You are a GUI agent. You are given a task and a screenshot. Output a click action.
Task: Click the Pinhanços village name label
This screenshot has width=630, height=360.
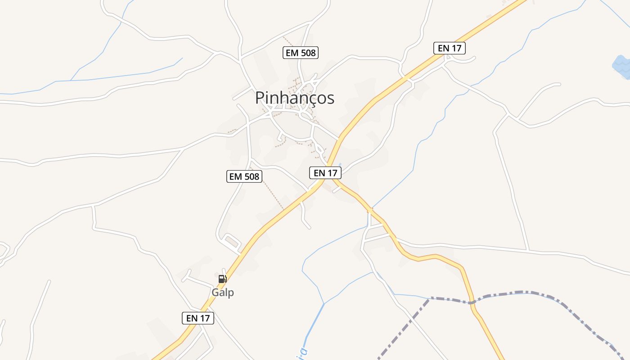[x=295, y=98]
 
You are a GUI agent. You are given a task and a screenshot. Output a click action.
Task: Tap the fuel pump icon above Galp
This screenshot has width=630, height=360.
[x=222, y=279]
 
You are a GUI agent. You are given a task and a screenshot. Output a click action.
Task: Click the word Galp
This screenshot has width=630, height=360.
[x=223, y=292]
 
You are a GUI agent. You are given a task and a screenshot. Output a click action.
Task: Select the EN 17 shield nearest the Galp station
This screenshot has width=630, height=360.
[x=198, y=318]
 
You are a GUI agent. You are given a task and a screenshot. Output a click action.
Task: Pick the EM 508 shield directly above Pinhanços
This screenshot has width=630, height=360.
[x=301, y=53]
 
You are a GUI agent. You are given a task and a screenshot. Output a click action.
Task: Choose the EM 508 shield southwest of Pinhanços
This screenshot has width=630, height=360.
[x=244, y=176]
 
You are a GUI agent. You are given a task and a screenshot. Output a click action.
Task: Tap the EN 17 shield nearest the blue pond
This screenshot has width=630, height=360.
[x=449, y=48]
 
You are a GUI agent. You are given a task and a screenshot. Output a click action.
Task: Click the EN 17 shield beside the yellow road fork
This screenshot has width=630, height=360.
[x=325, y=172]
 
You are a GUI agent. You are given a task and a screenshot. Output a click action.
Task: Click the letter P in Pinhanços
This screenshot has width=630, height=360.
[x=260, y=98]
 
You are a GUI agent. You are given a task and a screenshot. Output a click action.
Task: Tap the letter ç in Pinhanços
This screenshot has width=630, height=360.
[x=310, y=99]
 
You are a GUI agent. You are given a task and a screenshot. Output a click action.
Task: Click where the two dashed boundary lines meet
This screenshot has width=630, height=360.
[x=430, y=298]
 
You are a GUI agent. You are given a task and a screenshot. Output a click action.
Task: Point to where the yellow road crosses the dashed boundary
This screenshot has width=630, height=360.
[x=472, y=302]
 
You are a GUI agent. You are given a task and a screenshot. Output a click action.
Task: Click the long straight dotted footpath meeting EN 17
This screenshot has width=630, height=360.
[x=273, y=189]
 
